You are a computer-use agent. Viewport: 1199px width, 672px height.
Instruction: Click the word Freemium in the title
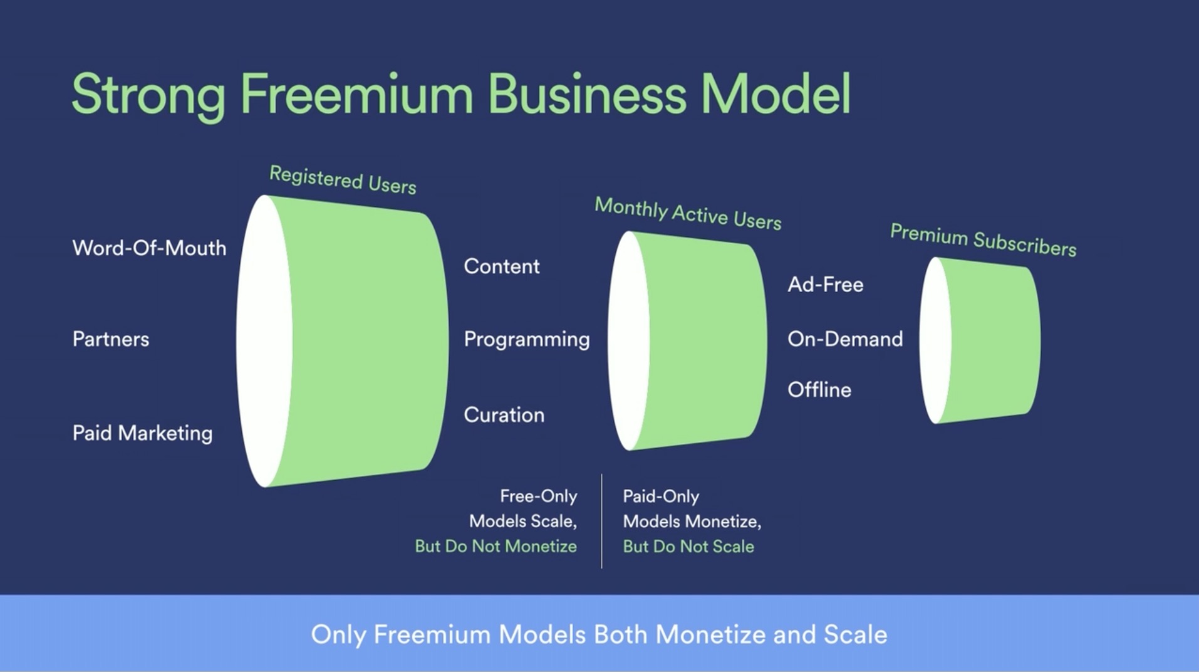click(x=356, y=93)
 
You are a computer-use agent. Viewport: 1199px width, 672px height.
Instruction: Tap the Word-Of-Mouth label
click(x=149, y=248)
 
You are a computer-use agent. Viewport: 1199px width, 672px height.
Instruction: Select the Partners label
click(x=111, y=339)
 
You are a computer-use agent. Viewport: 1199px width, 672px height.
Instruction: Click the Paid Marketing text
click(x=142, y=433)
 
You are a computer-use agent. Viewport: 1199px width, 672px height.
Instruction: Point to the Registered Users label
click(x=343, y=180)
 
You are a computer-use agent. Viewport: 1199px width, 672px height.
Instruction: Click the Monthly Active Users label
click(x=688, y=213)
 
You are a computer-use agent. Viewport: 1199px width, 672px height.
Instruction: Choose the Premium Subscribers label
click(x=983, y=240)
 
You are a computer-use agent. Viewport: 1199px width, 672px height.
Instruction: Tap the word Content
click(x=502, y=266)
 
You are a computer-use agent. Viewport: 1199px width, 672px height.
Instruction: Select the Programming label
click(x=527, y=340)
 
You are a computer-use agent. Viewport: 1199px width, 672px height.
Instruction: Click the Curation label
click(x=504, y=415)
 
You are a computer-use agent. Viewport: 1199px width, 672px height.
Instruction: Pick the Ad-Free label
click(x=826, y=285)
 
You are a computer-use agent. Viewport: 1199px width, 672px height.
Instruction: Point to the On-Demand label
click(x=845, y=339)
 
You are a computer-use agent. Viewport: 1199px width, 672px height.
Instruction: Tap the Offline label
click(x=819, y=390)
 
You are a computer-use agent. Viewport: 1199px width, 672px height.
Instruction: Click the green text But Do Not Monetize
click(x=496, y=547)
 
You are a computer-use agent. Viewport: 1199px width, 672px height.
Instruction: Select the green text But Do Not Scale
click(x=688, y=547)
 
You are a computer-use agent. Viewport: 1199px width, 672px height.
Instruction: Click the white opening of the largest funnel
click(x=264, y=341)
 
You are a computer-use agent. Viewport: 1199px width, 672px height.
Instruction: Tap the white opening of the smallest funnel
click(x=935, y=340)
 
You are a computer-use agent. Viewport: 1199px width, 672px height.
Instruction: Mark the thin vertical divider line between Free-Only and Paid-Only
click(x=601, y=521)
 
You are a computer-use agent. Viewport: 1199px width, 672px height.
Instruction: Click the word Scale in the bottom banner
click(x=856, y=634)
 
